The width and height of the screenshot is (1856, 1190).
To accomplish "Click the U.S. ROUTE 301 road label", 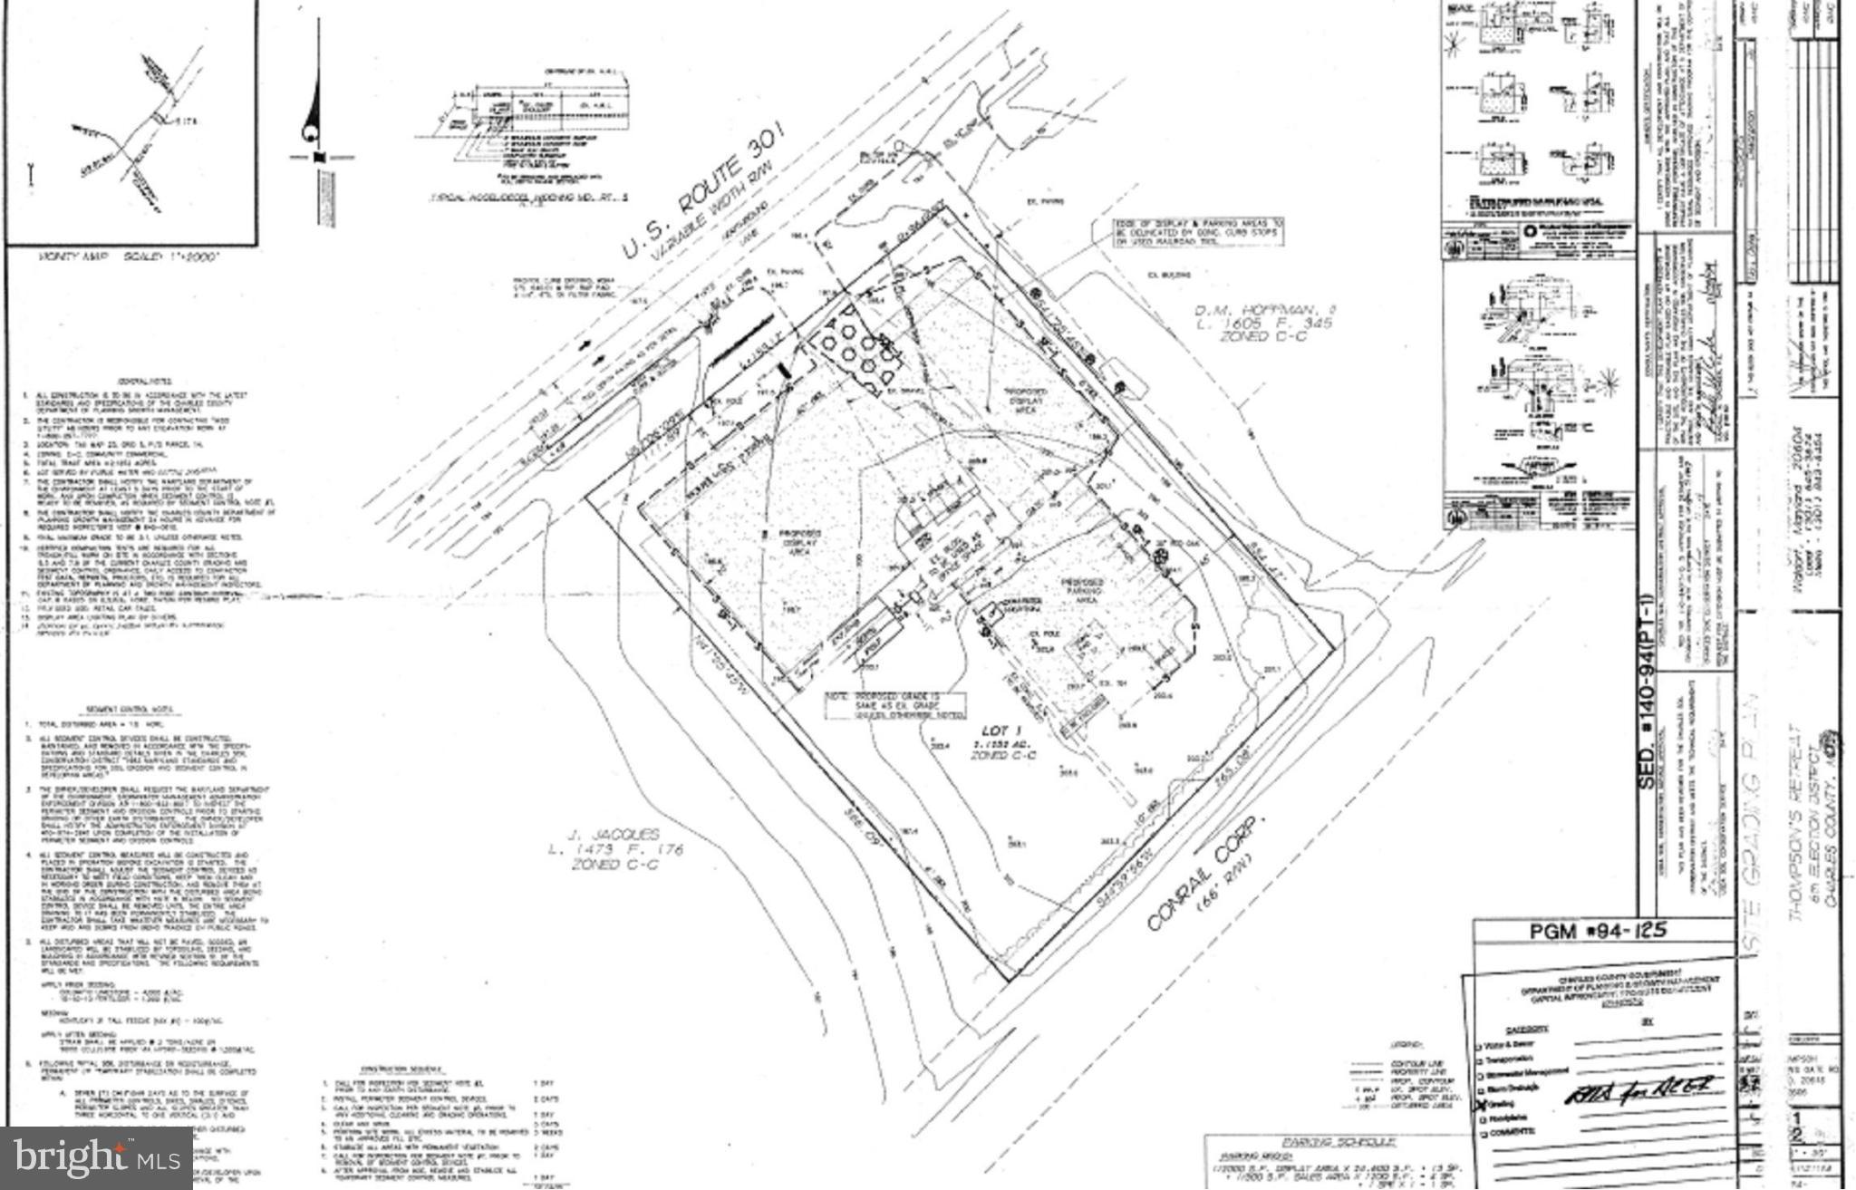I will pyautogui.click(x=703, y=198).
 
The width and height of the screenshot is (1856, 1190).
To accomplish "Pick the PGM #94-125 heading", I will pyautogui.click(x=1598, y=930).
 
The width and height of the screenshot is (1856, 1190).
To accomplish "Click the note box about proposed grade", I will pyautogui.click(x=894, y=705).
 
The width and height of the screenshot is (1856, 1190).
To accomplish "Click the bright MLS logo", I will pyautogui.click(x=95, y=1157).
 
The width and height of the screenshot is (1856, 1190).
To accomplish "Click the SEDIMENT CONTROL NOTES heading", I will pyautogui.click(x=142, y=709).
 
